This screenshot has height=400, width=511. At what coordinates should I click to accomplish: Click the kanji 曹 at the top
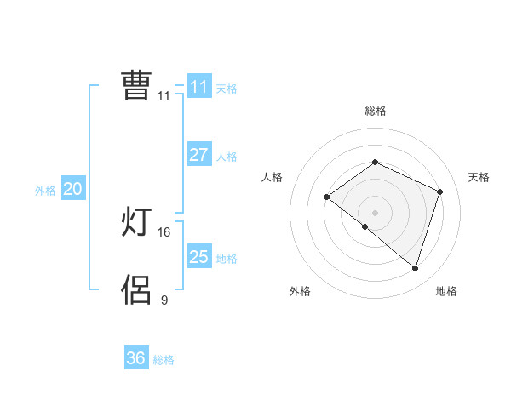tap(136, 86)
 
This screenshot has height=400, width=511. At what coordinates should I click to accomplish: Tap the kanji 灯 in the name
tap(136, 223)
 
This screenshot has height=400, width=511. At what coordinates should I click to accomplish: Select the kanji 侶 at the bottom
tap(136, 289)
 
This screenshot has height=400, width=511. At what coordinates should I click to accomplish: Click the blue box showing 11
tap(198, 87)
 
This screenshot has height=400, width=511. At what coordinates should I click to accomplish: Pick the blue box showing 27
tap(198, 155)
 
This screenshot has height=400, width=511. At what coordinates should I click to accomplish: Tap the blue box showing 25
tap(198, 257)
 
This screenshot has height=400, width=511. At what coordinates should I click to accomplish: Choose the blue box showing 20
tap(72, 189)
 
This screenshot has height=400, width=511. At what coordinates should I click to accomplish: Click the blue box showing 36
tap(135, 358)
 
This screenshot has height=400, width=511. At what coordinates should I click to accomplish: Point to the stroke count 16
tap(164, 232)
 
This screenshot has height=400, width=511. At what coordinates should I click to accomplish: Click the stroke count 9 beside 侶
tap(164, 300)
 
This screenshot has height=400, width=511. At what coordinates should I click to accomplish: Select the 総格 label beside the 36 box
tap(164, 360)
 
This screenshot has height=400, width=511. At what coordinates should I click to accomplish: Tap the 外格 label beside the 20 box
tap(45, 191)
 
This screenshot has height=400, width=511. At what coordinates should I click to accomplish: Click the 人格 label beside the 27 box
tap(227, 157)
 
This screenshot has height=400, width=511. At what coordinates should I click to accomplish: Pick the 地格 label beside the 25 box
tap(227, 259)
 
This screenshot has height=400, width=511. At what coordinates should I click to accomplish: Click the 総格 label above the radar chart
tap(375, 111)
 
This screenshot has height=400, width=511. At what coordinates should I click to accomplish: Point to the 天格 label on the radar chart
tap(479, 177)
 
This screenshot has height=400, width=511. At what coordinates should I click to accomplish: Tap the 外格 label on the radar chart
tap(300, 291)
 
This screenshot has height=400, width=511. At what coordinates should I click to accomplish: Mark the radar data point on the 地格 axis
tap(416, 269)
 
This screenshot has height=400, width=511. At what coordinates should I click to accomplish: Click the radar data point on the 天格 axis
tap(440, 191)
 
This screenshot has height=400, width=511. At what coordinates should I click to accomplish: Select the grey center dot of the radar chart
tap(375, 213)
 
